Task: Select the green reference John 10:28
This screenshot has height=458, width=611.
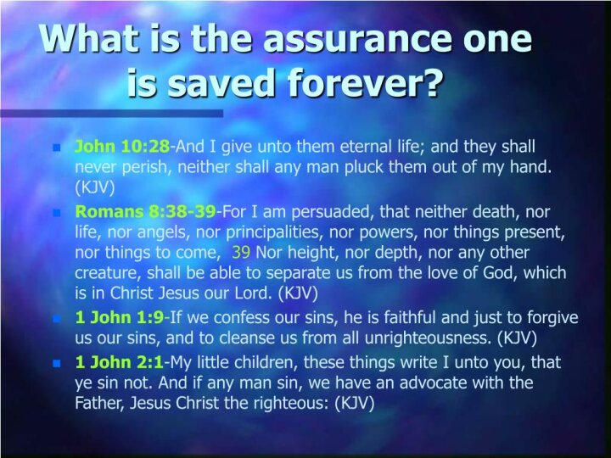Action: pyautogui.click(x=122, y=147)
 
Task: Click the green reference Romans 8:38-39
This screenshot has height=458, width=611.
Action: pyautogui.click(x=145, y=211)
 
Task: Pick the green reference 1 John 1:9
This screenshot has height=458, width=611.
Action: pyautogui.click(x=120, y=317)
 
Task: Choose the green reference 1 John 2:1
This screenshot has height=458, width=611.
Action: pyautogui.click(x=119, y=362)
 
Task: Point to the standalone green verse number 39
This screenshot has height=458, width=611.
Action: pyautogui.click(x=241, y=253)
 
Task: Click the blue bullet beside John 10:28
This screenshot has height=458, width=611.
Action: pyautogui.click(x=57, y=148)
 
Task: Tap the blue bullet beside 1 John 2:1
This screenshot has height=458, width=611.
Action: pyautogui.click(x=57, y=363)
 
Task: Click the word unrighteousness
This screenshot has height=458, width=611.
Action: pyautogui.click(x=428, y=338)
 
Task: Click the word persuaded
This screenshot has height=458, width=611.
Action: pyautogui.click(x=333, y=212)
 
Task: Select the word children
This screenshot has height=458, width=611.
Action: pyautogui.click(x=266, y=362)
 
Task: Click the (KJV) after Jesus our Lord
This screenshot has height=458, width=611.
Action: pyautogui.click(x=298, y=293)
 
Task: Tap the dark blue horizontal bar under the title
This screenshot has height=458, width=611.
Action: pyautogui.click(x=112, y=114)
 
